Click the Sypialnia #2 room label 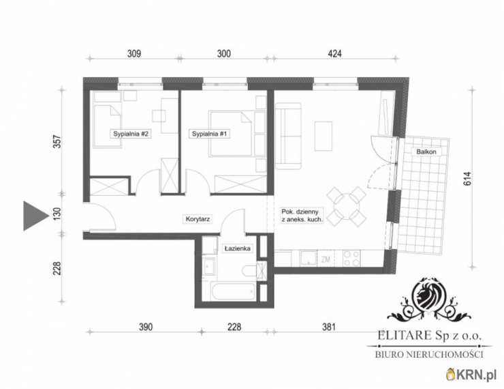coord(131,134)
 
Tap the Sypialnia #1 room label coord(210,134)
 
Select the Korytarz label coord(198,219)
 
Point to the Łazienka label coord(238,248)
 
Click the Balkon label coord(426,152)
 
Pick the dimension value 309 coord(134,53)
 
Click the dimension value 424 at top coord(334,53)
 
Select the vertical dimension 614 coord(467,179)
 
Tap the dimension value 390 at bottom coord(146,327)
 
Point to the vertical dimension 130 coord(57,214)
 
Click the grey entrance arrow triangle coord(33,216)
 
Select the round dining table coord(346,206)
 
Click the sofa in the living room coord(288,136)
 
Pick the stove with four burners coord(351,258)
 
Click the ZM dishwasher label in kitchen coord(326,259)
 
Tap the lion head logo coord(428,296)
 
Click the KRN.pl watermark coord(471,375)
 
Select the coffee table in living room coord(323,136)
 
